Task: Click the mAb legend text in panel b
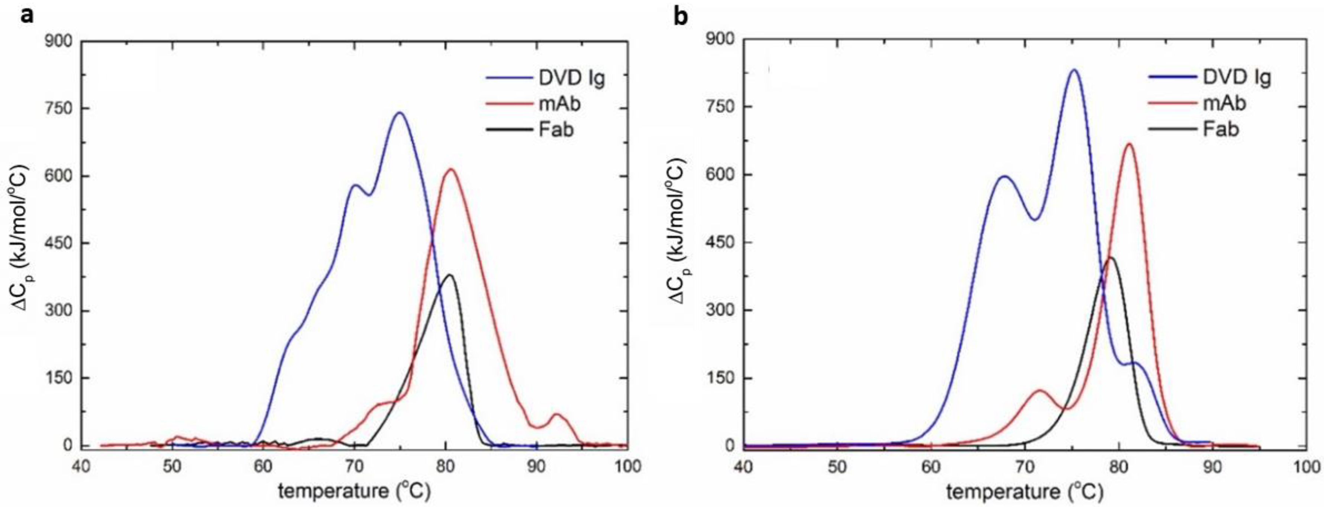[1225, 103]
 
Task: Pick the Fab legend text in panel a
[556, 130]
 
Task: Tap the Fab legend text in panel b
[1221, 129]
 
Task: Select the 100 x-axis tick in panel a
[627, 467]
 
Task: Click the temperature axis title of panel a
[354, 491]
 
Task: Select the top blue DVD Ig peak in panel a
[399, 113]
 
